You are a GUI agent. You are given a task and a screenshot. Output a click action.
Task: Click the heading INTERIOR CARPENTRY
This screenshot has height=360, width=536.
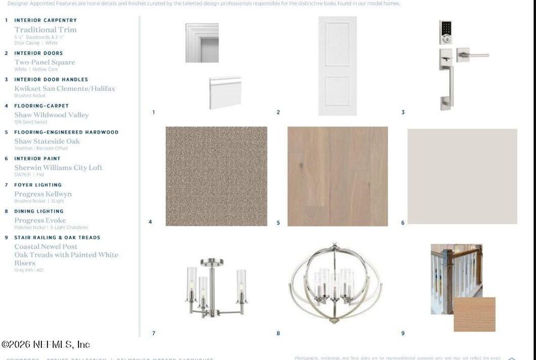pyautogui.click(x=46, y=20)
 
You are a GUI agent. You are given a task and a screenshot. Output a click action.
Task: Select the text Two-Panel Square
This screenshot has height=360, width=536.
pyautogui.click(x=45, y=62)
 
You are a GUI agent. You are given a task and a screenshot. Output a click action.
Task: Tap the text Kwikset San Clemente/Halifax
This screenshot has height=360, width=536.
pyautogui.click(x=65, y=89)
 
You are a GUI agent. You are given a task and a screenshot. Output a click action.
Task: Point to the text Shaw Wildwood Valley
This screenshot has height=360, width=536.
pyautogui.click(x=52, y=115)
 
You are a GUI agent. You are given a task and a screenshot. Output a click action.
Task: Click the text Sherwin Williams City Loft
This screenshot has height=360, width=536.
pyautogui.click(x=58, y=168)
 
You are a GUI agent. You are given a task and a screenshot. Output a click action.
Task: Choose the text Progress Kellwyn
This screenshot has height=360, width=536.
pyautogui.click(x=43, y=194)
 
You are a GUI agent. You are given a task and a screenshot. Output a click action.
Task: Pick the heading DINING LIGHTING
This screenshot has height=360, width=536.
pyautogui.click(x=39, y=211)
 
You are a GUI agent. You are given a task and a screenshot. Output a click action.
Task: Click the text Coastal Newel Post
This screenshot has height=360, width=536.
pyautogui.click(x=46, y=247)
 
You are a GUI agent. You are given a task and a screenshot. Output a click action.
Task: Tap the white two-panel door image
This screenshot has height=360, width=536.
pyautogui.click(x=338, y=66)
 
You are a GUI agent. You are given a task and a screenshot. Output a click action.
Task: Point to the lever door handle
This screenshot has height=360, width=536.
pyautogui.click(x=474, y=56)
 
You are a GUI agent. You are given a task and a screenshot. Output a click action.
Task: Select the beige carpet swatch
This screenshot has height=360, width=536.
pyautogui.click(x=216, y=176)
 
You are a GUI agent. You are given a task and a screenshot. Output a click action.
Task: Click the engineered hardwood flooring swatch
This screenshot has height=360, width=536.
pyautogui.click(x=338, y=176)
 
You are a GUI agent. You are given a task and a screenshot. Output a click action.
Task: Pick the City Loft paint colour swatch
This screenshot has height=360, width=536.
pyautogui.click(x=462, y=176)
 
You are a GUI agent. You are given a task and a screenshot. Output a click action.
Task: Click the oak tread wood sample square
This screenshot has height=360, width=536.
pyautogui.click(x=474, y=314)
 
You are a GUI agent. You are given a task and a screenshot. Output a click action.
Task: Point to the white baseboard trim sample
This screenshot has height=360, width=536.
pyautogui.click(x=225, y=92)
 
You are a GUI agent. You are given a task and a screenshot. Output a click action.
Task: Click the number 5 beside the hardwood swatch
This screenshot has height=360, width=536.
pyautogui.click(x=278, y=223)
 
